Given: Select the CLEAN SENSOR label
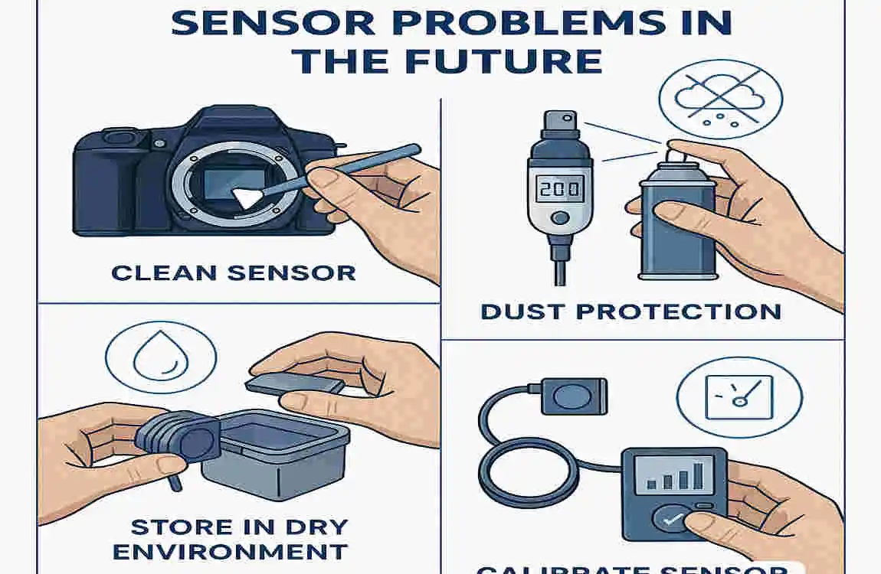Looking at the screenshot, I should (233, 272).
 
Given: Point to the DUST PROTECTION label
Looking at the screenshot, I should (630, 311).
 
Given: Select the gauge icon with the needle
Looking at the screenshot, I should (739, 398).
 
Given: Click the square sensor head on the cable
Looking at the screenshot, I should (573, 396).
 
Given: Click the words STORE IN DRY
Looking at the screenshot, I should (238, 527).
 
